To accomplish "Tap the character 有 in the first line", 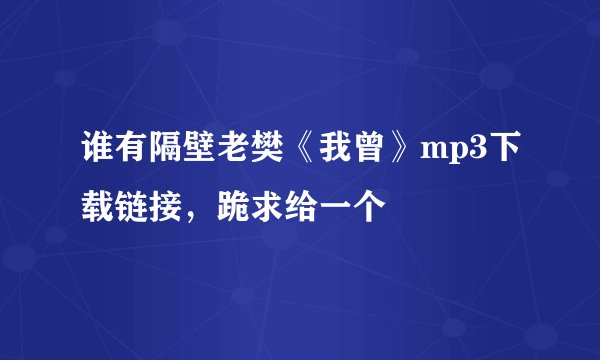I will (128, 152).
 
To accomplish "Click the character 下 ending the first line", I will (503, 152).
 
